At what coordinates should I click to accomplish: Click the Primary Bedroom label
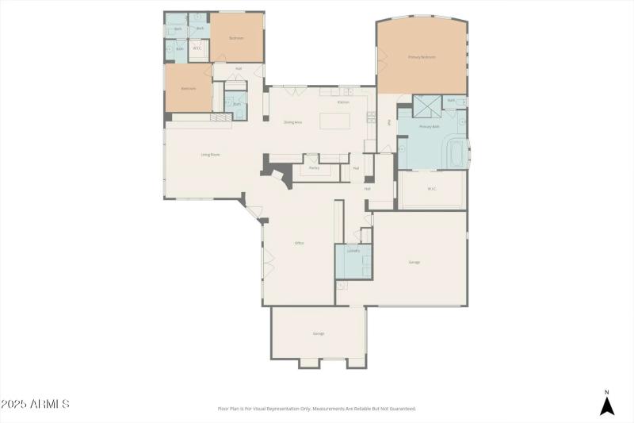422,57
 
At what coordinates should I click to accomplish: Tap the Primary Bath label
429,127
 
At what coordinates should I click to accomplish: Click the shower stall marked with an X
429,106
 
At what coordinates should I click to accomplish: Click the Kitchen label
343,102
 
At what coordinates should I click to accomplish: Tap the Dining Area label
293,122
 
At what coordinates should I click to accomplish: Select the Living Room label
210,155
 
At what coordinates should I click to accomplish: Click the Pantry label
314,168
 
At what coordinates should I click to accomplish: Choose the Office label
300,243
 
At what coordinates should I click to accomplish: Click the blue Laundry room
353,261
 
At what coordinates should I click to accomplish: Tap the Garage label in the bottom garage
319,333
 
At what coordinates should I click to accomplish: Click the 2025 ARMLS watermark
35,404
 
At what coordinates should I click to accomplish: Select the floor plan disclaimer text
316,409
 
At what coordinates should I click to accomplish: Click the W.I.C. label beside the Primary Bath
432,189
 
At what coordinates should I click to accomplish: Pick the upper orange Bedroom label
236,38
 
